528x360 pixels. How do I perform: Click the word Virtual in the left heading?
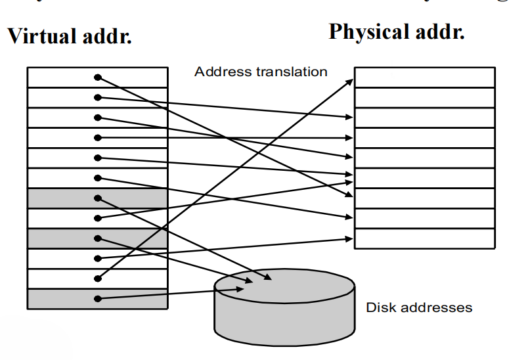point(39,37)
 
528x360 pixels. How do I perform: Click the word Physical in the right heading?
point(368,32)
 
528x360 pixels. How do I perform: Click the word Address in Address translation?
point(217,72)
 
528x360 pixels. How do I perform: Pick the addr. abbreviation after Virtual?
point(104,37)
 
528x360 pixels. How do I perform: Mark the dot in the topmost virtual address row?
point(98,78)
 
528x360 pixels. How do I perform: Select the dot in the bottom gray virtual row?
point(98,299)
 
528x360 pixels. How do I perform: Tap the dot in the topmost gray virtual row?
point(98,198)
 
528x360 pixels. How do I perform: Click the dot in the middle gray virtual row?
point(98,238)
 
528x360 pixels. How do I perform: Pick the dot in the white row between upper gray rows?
point(98,218)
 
